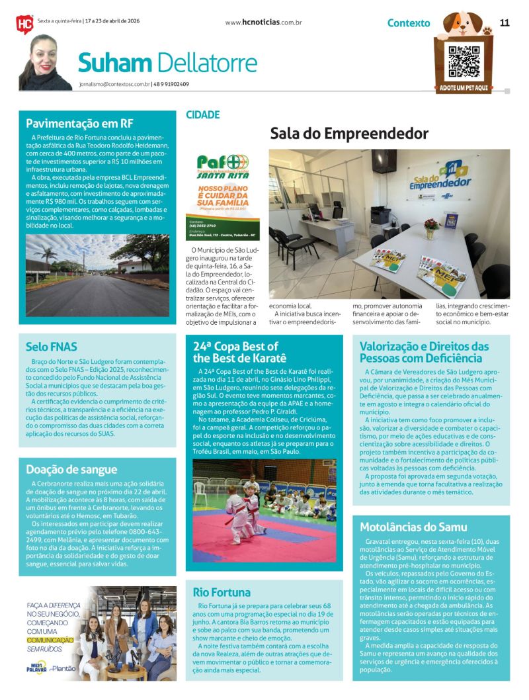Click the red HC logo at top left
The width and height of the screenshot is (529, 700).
pyautogui.click(x=24, y=24)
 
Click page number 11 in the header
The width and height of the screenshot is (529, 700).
pyautogui.click(x=505, y=22)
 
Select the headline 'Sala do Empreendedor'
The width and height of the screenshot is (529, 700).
pyautogui.click(x=349, y=134)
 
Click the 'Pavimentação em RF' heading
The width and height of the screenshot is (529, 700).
pyautogui.click(x=79, y=123)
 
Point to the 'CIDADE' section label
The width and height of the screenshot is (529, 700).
pyautogui.click(x=202, y=114)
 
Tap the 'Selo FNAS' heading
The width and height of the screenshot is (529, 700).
pyautogui.click(x=52, y=346)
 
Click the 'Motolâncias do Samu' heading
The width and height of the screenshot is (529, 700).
pyautogui.click(x=413, y=527)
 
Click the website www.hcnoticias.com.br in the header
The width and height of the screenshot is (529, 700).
pyautogui.click(x=263, y=22)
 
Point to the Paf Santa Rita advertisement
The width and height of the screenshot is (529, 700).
pyautogui.click(x=223, y=197)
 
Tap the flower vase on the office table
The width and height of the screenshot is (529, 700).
pyautogui.click(x=431, y=228)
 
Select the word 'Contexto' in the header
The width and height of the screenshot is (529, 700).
pyautogui.click(x=408, y=23)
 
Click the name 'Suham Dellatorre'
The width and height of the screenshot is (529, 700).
pyautogui.click(x=167, y=63)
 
